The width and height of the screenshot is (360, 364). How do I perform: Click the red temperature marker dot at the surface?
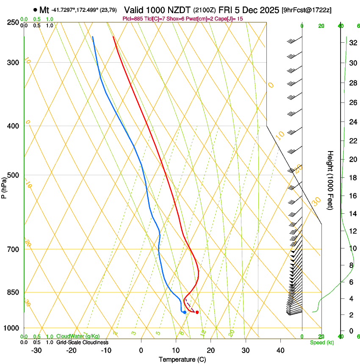click(197, 312)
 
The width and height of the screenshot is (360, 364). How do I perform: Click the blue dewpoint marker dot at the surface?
click(185, 312)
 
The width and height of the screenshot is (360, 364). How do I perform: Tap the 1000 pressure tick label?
click(13, 328)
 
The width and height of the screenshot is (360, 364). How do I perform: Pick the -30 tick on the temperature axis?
click(36, 350)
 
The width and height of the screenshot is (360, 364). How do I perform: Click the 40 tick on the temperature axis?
click(280, 350)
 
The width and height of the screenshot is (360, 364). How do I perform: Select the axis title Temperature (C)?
click(182, 359)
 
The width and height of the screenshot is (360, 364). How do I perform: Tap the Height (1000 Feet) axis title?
click(331, 180)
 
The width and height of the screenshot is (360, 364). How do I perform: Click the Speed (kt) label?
click(321, 342)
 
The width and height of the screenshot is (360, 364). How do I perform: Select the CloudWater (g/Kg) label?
click(78, 336)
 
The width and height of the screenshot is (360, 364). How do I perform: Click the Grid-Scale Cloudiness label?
click(82, 342)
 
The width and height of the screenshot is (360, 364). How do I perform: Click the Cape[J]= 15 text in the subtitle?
click(228, 19)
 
